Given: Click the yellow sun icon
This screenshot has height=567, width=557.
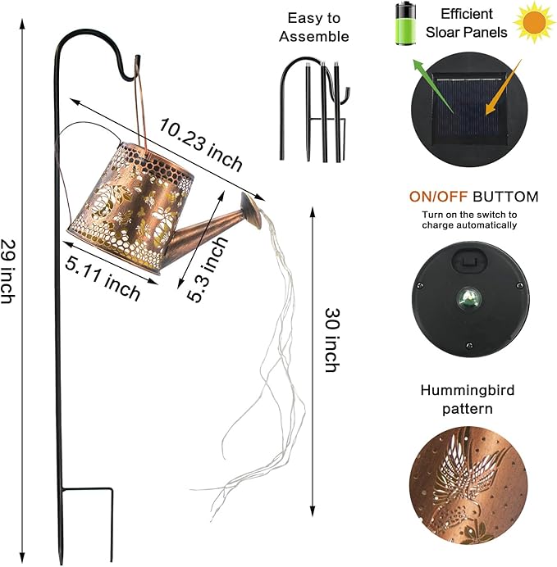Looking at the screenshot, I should tap(534, 24).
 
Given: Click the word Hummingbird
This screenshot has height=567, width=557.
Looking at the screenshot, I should tap(467, 390).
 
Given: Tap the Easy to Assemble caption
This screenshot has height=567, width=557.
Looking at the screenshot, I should tap(314, 27).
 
